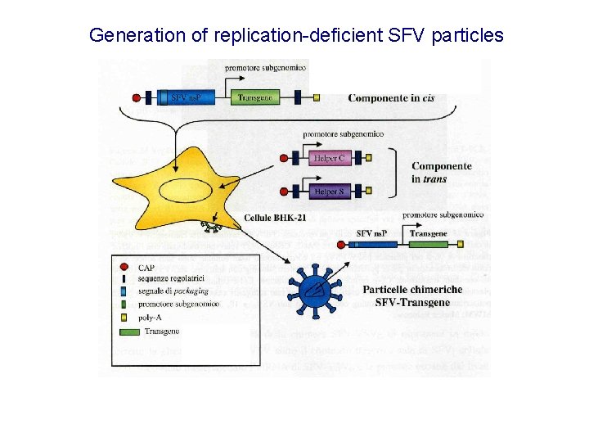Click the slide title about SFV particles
click(296, 35)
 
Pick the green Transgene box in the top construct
click(254, 97)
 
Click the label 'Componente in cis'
click(391, 98)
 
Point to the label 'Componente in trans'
click(441, 173)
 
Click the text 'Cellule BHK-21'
click(275, 219)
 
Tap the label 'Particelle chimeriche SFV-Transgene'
click(411, 295)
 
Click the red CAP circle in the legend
click(123, 268)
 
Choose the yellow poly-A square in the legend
click(123, 316)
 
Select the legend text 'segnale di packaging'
click(173, 291)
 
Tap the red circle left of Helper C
click(284, 159)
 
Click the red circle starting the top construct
click(136, 98)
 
